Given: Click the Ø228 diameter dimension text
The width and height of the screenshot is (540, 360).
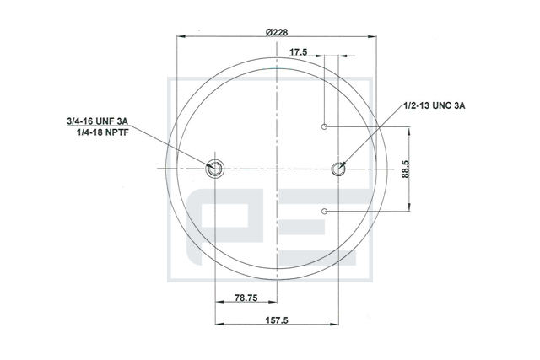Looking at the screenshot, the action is point(277,32).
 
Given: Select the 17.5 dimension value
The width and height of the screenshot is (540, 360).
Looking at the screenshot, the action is point(298,52).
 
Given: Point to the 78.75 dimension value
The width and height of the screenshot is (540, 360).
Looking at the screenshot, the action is point(246,298).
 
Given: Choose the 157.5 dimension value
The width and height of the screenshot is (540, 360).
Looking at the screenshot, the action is point(277,320).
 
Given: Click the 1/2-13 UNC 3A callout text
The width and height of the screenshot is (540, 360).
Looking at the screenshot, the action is point(435,105).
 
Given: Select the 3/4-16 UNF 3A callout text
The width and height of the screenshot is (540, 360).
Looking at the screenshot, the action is point(98,121).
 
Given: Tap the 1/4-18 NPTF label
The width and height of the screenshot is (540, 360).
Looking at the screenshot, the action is point(103,132).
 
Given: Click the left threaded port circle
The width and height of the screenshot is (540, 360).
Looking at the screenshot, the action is point(214,169).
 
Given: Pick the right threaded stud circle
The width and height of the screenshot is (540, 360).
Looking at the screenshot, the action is point(338,169).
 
